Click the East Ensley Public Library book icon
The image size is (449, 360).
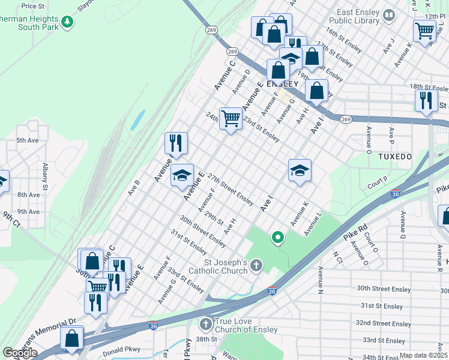click(x=389, y=14)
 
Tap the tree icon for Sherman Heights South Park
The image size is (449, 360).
click(x=68, y=22)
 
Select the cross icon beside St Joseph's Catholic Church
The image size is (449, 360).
click(x=256, y=265)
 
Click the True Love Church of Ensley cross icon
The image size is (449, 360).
click(x=206, y=325)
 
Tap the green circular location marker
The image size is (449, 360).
click(x=277, y=238)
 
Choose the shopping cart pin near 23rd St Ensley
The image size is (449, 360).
click(x=231, y=118)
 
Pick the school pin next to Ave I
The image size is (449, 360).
click(x=300, y=170)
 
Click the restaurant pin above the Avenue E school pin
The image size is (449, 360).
click(x=176, y=143)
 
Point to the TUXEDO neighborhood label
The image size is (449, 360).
click(x=395, y=157)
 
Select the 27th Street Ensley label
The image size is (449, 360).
click(x=231, y=188)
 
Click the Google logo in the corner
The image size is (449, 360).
click(x=20, y=352)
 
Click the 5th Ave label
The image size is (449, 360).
click(x=27, y=140)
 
